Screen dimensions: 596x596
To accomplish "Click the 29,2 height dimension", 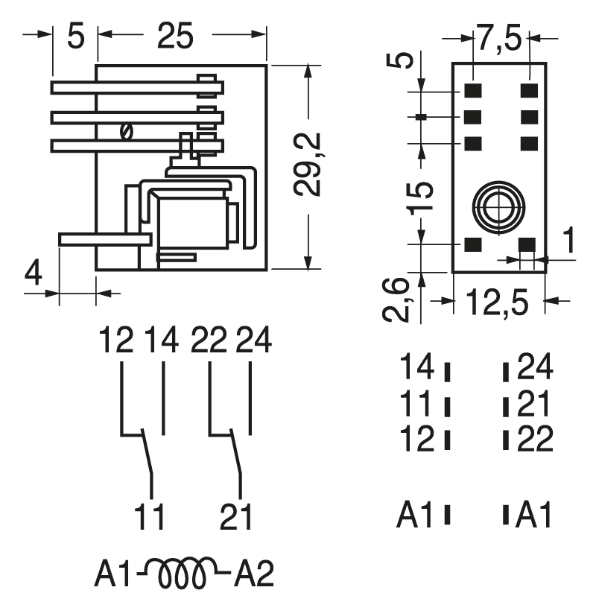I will click(306, 164).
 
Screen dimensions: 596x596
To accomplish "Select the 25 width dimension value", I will click(176, 34).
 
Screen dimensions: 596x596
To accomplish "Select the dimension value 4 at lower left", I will click(33, 274).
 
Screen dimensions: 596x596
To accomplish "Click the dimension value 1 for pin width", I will click(568, 243).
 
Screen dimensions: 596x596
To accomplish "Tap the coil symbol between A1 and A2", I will click(183, 573).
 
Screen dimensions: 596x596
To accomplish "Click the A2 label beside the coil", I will click(254, 574).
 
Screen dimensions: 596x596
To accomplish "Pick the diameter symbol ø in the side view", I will click(126, 133).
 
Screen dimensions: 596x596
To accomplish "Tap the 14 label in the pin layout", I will click(416, 368).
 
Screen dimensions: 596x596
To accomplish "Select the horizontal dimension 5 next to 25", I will click(75, 35).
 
